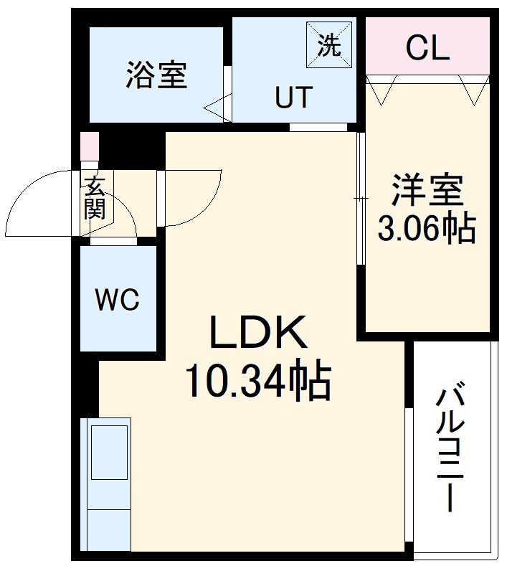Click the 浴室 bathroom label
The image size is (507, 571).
[157, 75]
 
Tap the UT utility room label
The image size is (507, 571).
[294, 98]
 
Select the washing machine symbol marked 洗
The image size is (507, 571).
[328, 45]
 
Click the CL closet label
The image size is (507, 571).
[427, 48]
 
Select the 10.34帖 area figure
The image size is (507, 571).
[257, 382]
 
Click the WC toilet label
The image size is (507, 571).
[118, 300]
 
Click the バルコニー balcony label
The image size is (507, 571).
[450, 449]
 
